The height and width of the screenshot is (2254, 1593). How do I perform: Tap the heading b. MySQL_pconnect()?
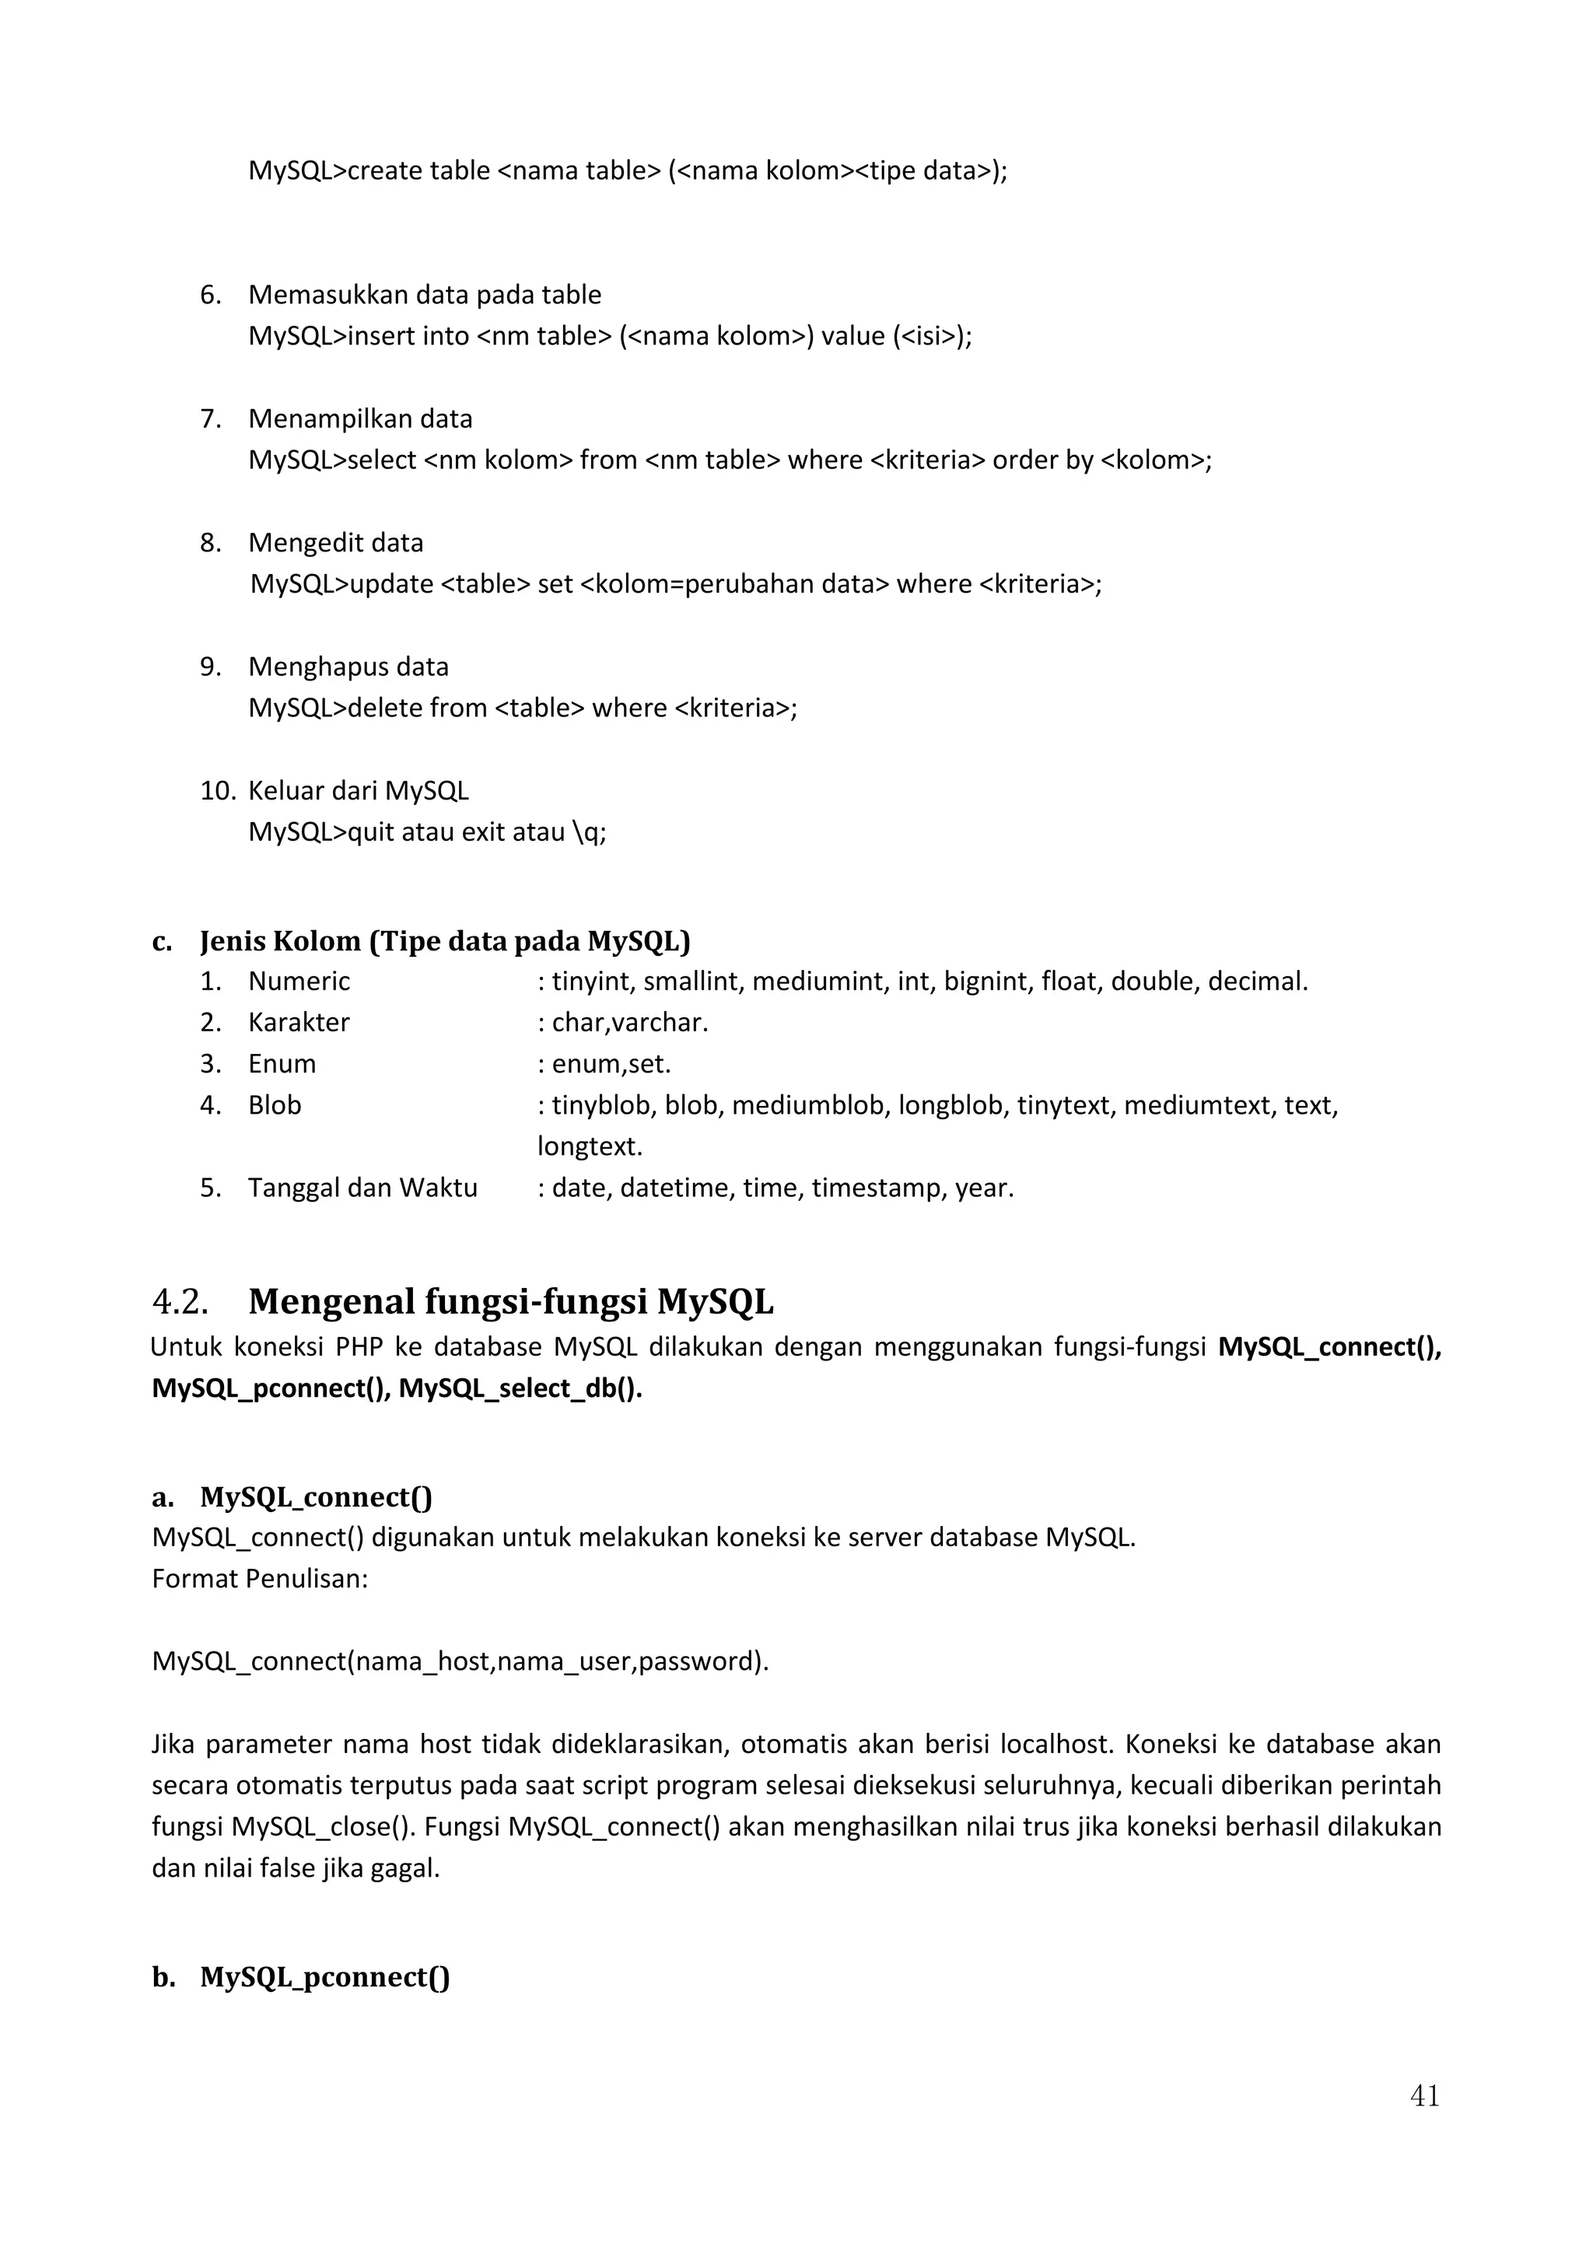click(300, 1976)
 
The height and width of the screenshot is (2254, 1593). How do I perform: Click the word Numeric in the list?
click(299, 981)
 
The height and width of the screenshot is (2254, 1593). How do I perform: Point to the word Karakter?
click(299, 1022)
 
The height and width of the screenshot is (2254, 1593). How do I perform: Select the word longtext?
click(589, 1146)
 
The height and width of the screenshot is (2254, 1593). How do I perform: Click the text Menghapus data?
click(348, 667)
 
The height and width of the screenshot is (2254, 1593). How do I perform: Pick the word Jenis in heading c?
click(232, 941)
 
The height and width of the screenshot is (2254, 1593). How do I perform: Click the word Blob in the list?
click(274, 1105)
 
